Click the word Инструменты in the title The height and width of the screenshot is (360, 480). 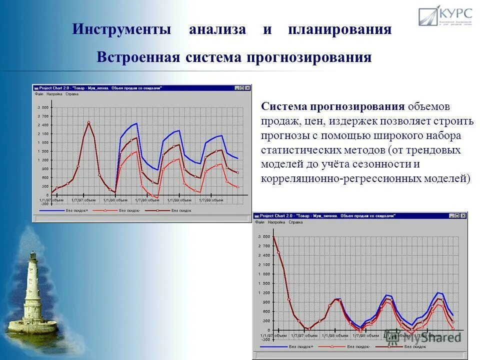click(x=121, y=29)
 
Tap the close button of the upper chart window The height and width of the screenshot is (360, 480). click(x=247, y=88)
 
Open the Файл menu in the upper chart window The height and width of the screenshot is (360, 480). click(x=38, y=94)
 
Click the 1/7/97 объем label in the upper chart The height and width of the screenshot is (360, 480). click(x=83, y=200)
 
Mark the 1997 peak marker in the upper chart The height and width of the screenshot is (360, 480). click(x=88, y=122)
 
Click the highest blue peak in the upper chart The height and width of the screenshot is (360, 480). click(x=136, y=123)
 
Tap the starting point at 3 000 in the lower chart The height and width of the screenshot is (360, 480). click(x=273, y=237)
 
